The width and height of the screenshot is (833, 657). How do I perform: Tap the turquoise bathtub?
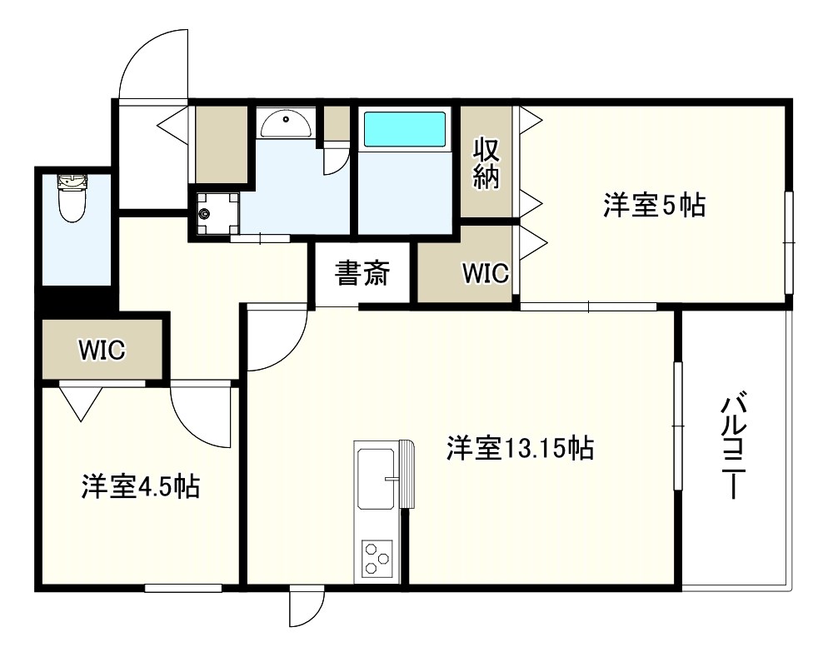[404, 130]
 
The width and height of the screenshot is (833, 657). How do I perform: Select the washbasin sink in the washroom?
[285, 124]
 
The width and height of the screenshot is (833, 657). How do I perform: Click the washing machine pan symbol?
[217, 214]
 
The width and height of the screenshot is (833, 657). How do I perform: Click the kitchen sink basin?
[376, 478]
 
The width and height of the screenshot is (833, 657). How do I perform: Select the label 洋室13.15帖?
[519, 449]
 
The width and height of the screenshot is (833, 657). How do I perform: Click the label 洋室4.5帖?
[139, 485]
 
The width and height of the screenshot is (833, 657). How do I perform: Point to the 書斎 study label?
[362, 273]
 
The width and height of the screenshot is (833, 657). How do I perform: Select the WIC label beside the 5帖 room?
[486, 273]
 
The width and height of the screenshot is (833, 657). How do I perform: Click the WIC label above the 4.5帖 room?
[102, 350]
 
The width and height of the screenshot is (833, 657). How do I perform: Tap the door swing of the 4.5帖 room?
[200, 416]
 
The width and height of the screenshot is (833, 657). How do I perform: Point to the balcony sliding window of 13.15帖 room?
[678, 426]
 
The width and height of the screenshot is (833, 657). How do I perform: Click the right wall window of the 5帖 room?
[788, 242]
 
